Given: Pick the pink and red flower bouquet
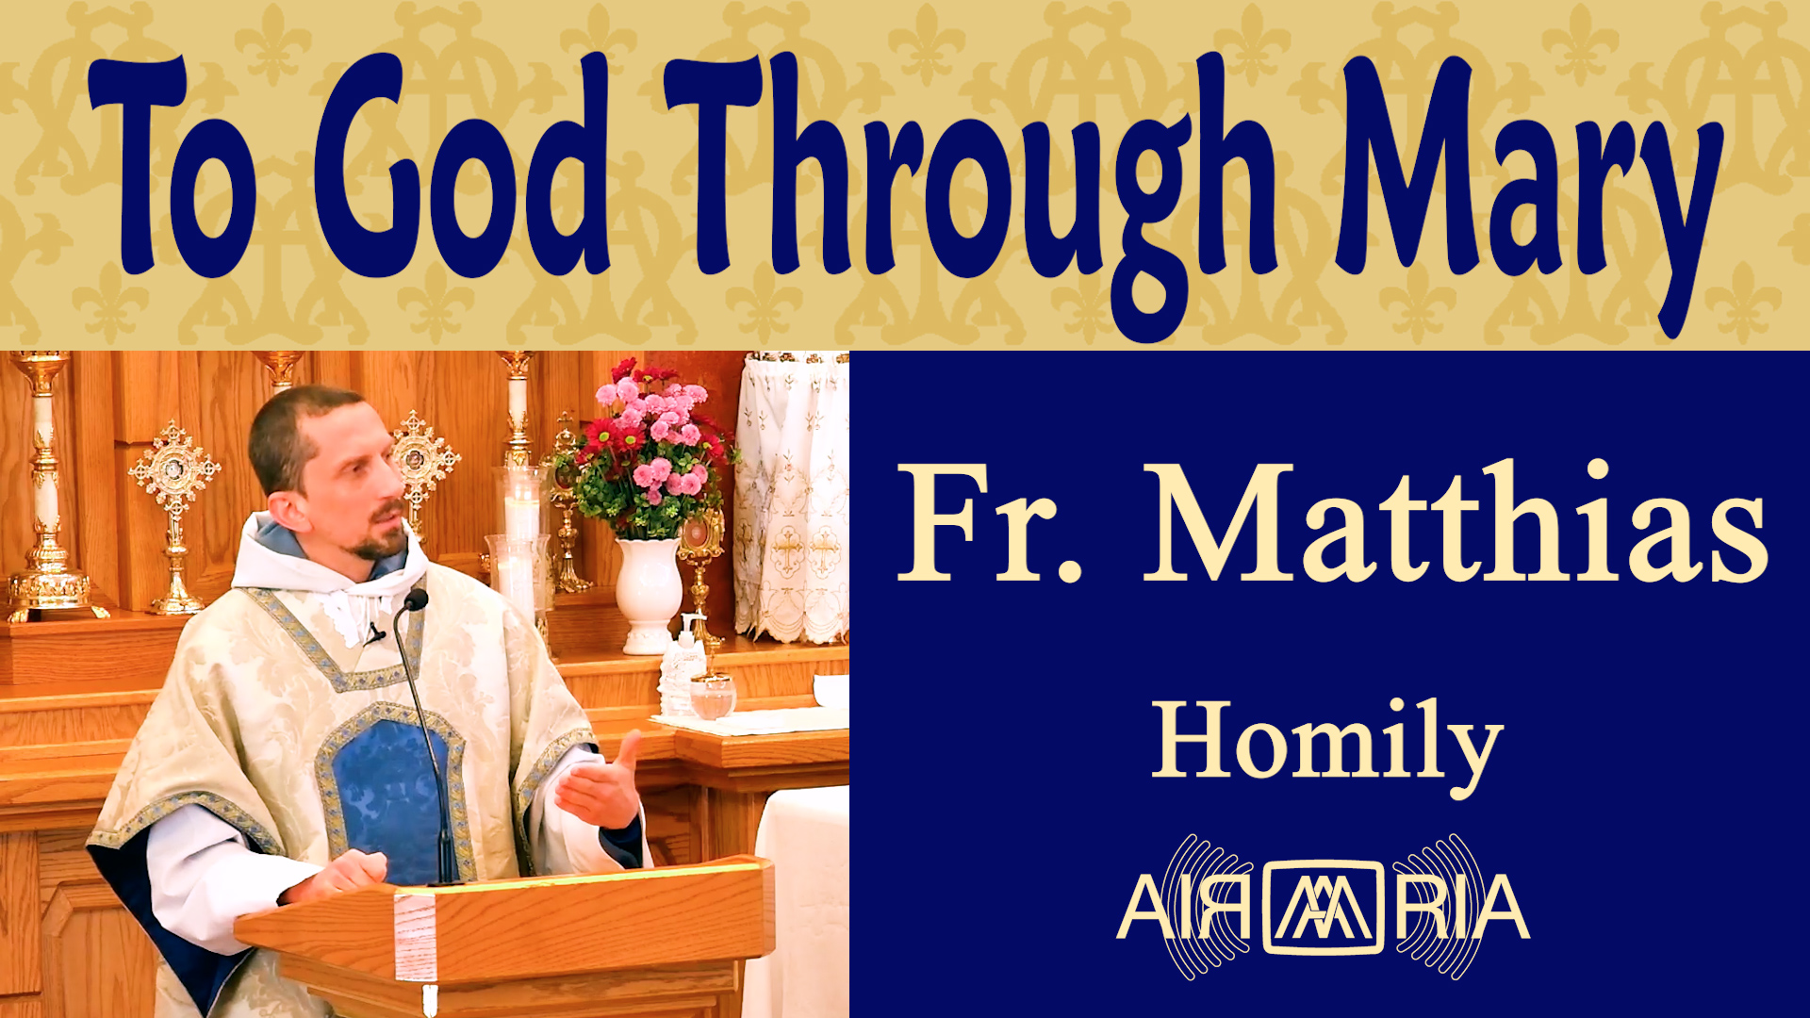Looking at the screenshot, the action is [x=650, y=448].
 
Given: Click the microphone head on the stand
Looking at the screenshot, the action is [x=415, y=599].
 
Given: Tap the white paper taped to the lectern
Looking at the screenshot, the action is [x=415, y=938].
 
